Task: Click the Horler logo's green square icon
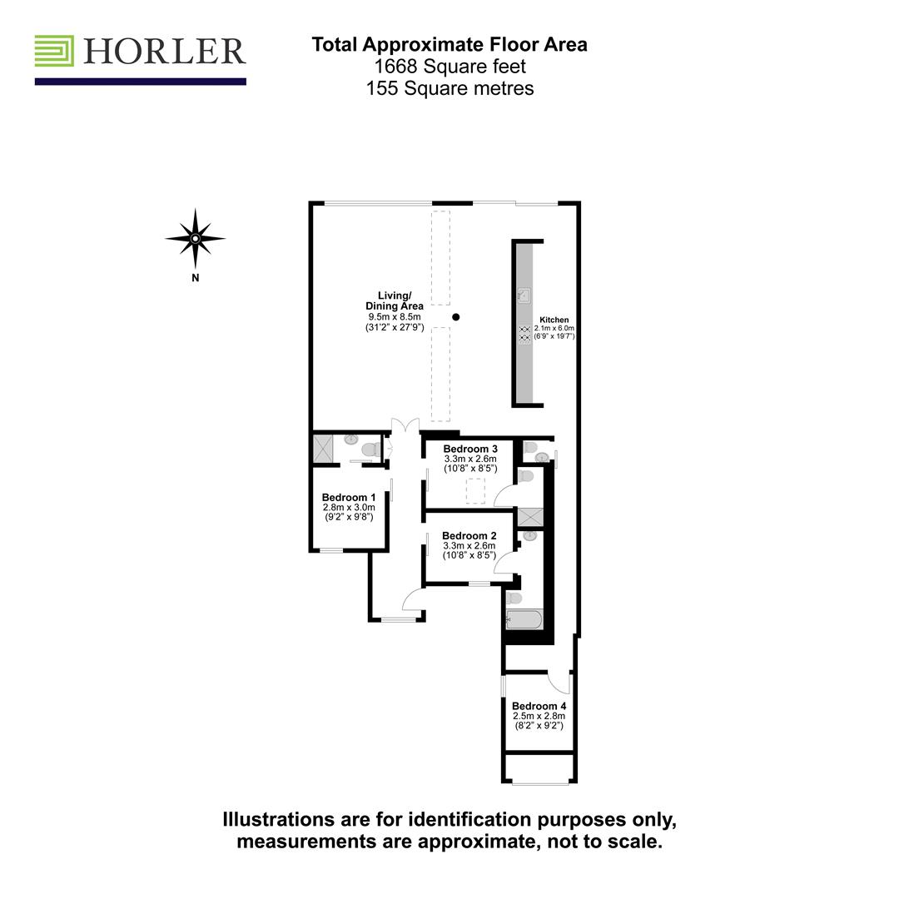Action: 54,51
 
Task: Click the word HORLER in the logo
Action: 165,51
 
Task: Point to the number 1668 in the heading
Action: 395,67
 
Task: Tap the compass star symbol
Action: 196,239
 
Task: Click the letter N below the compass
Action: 196,278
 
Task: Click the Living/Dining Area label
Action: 395,301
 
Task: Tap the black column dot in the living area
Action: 456,316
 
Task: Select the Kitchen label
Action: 554,320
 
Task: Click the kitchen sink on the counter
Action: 524,296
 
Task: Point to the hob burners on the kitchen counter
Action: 524,335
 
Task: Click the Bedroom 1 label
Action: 349,497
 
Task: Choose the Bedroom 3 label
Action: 470,449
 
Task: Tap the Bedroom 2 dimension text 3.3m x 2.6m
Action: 469,546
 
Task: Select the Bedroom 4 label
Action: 539,707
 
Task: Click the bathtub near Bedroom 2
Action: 524,620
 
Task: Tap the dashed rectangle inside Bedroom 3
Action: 475,491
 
